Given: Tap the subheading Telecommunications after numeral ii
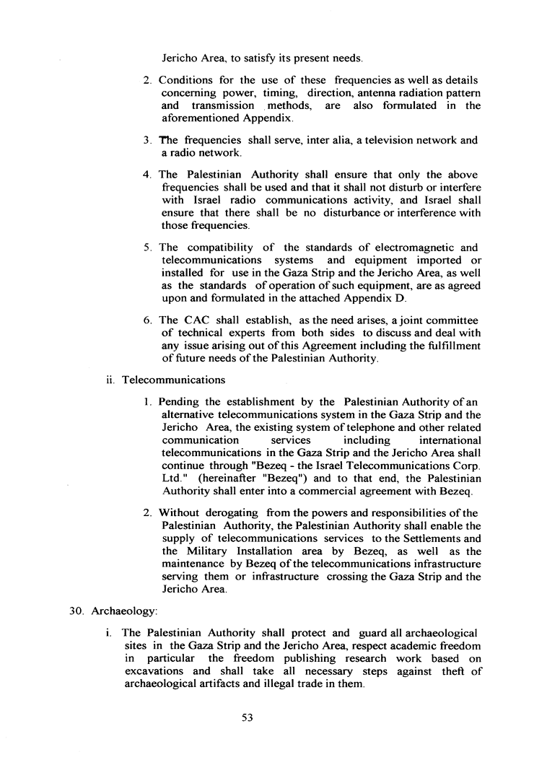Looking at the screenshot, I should point(173,379).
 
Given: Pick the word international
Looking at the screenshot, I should point(450,440).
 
